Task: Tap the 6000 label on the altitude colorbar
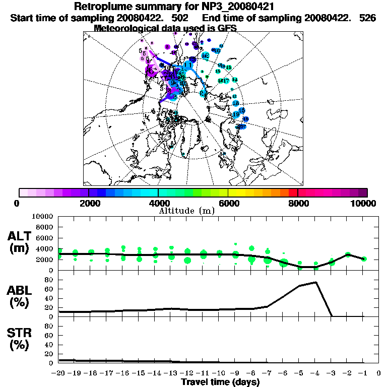tap(228, 203)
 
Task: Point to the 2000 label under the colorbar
tap(89, 203)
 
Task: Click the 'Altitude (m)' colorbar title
tap(187, 211)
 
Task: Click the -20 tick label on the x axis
tap(58, 373)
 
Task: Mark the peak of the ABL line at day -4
tap(316, 282)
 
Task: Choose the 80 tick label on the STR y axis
tap(49, 326)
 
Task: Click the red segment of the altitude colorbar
tap(293, 192)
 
